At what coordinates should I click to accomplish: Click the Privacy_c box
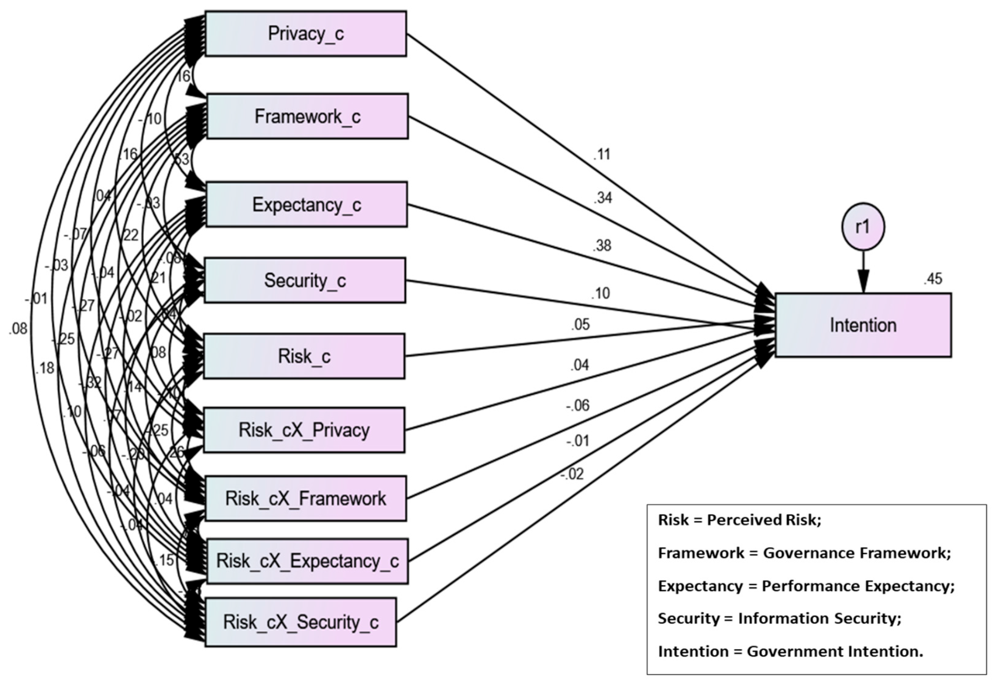pyautogui.click(x=306, y=34)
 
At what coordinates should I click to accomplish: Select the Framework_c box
pyautogui.click(x=307, y=116)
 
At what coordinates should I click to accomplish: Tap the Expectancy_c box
pyautogui.click(x=306, y=205)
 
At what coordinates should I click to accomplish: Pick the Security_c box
pyautogui.click(x=305, y=280)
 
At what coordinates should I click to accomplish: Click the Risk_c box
pyautogui.click(x=304, y=356)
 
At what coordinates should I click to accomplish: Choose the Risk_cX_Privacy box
pyautogui.click(x=304, y=430)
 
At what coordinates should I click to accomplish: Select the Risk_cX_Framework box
pyautogui.click(x=306, y=498)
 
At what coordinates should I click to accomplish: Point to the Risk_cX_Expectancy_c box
pyautogui.click(x=307, y=561)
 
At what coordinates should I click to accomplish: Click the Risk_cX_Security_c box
pyautogui.click(x=301, y=622)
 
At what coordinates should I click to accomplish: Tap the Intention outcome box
pyautogui.click(x=863, y=325)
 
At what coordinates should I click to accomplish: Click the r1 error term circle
pyautogui.click(x=863, y=226)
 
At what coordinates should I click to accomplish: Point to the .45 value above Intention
pyautogui.click(x=933, y=279)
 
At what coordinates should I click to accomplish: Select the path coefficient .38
pyautogui.click(x=602, y=246)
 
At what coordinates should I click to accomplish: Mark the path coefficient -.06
pyautogui.click(x=578, y=405)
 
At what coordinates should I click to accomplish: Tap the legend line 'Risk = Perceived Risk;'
pyautogui.click(x=740, y=520)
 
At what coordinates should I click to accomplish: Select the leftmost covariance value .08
pyautogui.click(x=18, y=329)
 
